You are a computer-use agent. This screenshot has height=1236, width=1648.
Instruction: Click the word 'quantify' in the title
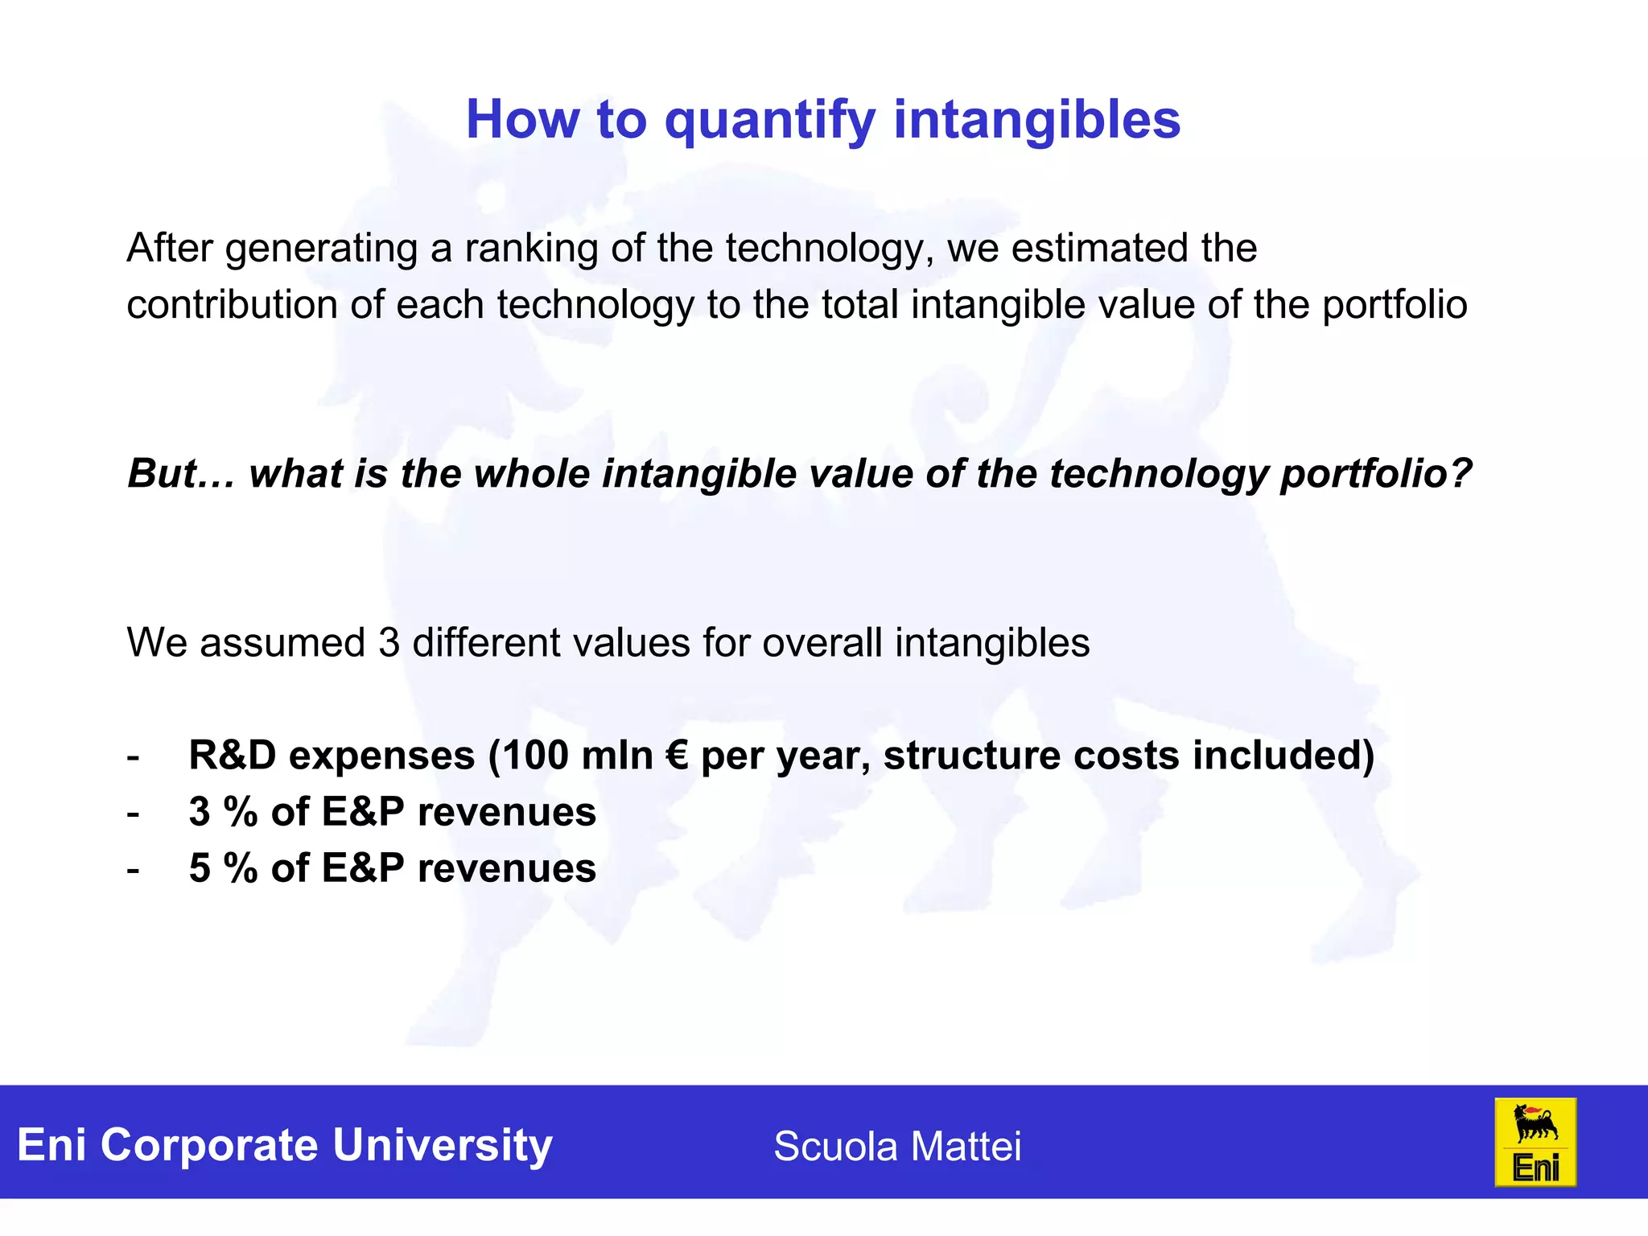768,121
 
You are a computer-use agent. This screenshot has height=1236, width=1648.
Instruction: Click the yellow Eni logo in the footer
1535,1142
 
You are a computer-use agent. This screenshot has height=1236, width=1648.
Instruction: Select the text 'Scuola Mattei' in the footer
896,1146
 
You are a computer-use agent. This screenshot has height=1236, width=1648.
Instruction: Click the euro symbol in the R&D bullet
677,756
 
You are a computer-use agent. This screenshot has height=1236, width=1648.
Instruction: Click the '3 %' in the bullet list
222,812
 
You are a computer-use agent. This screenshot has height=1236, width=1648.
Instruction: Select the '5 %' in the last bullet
222,868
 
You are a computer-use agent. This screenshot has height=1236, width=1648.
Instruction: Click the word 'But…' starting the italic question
181,473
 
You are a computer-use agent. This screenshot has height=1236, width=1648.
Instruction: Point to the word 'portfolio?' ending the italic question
1375,473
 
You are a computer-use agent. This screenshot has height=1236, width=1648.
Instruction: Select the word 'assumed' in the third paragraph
282,643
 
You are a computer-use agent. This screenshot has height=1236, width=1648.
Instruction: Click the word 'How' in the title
522,121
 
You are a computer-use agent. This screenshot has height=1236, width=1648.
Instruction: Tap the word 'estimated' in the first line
1099,249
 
